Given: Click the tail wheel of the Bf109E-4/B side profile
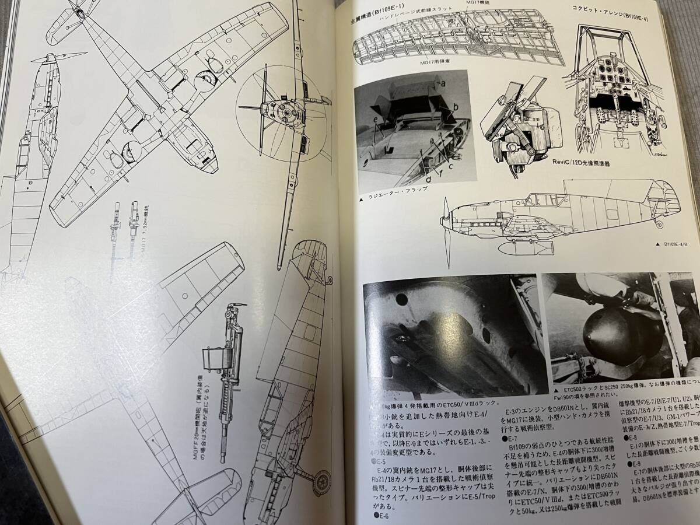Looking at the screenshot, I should pyautogui.click(x=659, y=224).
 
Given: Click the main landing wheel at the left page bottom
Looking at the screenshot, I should pyautogui.click(x=321, y=482).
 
